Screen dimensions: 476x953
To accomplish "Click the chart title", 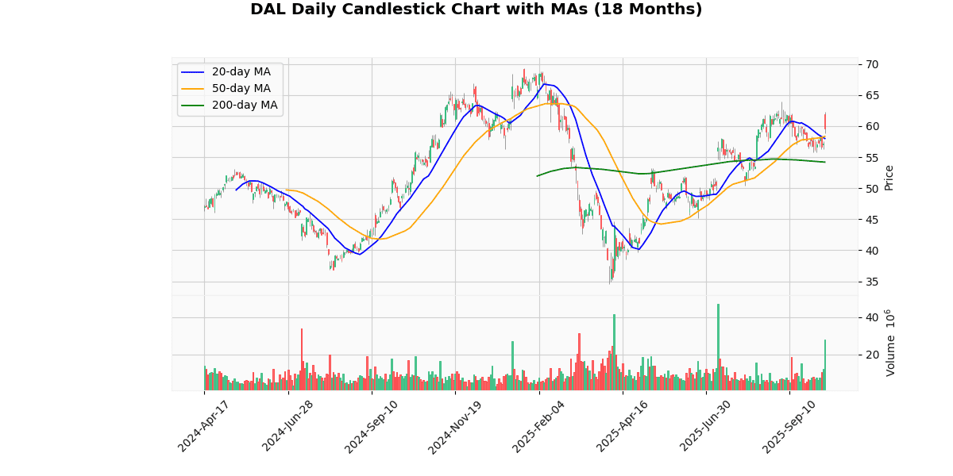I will point(476,10).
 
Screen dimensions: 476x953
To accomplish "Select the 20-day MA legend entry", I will point(241,72).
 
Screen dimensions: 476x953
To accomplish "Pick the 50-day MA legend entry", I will point(241,89).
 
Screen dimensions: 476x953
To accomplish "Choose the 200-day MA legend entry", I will point(244,105).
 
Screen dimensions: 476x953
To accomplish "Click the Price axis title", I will point(889,178).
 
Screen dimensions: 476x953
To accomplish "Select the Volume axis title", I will point(890,343).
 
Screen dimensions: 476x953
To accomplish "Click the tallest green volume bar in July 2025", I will point(718,347).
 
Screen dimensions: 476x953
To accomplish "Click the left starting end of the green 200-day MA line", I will point(538,175).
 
